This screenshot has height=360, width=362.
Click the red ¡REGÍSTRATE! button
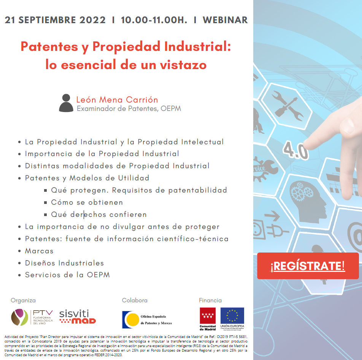click(x=308, y=266)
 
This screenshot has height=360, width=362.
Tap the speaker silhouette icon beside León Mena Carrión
click(x=66, y=103)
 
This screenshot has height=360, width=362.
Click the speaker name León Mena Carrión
click(x=117, y=99)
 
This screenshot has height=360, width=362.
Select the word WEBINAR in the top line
click(x=225, y=20)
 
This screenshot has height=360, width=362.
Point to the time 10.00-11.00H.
click(x=154, y=20)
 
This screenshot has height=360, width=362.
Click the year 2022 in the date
click(x=92, y=20)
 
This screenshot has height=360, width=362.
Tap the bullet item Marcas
click(x=39, y=251)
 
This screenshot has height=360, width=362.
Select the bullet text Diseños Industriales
click(x=64, y=263)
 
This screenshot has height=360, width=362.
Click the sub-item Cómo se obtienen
click(x=87, y=202)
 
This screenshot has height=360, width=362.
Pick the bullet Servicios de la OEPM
click(x=67, y=275)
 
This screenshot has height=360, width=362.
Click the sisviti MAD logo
click(x=78, y=317)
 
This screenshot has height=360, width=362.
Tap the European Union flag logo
click(x=232, y=316)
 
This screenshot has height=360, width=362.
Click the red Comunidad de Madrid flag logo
click(x=208, y=316)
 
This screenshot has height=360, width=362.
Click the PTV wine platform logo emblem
click(x=20, y=317)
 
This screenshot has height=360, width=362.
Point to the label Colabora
click(x=135, y=300)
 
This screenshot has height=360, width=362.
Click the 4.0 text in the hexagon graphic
click(x=296, y=151)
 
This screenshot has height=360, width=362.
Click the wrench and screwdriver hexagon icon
click(x=287, y=106)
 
